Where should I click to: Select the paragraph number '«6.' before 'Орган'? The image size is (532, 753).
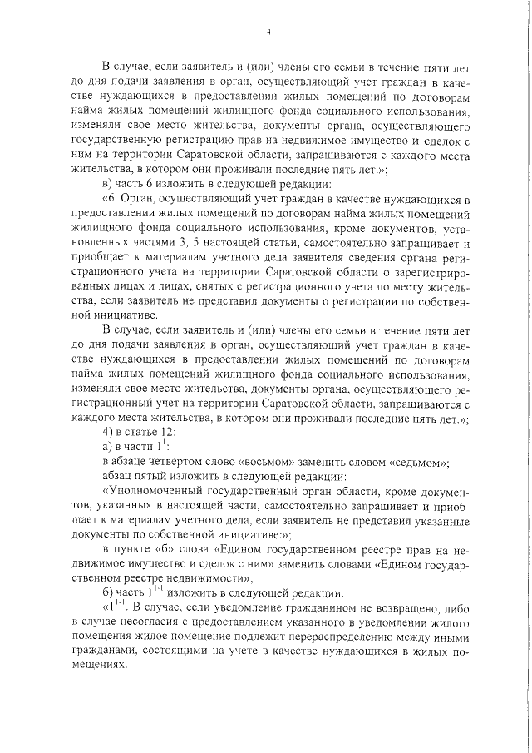pyautogui.click(x=111, y=200)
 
